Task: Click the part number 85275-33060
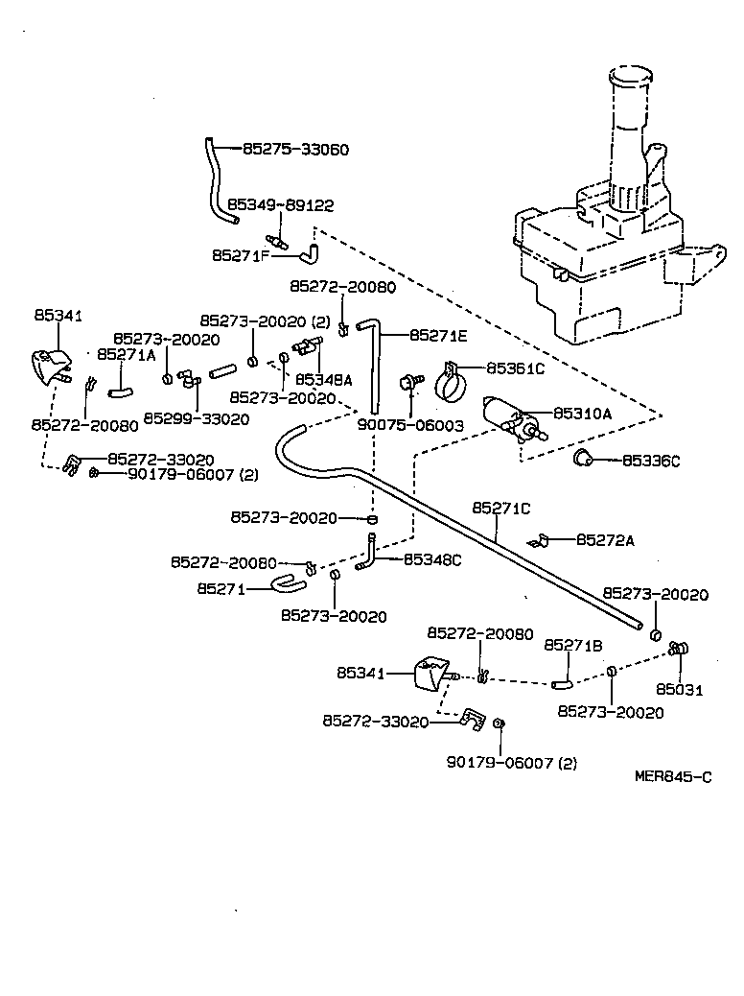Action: (295, 150)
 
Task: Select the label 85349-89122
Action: (280, 205)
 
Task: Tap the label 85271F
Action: (240, 256)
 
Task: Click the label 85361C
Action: (515, 368)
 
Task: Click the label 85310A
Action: (582, 414)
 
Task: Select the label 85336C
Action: (651, 462)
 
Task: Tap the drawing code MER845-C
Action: (673, 777)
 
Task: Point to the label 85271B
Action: (573, 646)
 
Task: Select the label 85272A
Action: (605, 540)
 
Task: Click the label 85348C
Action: (432, 559)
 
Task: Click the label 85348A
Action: (323, 380)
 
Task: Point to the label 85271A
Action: (126, 354)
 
